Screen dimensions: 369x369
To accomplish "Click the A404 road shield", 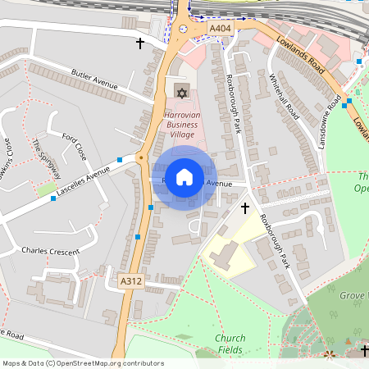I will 220,30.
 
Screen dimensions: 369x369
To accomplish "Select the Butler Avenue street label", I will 96,78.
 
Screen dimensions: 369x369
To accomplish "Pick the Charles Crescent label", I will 51,251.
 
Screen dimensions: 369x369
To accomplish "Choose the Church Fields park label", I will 230,344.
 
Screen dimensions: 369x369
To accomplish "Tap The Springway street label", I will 46,159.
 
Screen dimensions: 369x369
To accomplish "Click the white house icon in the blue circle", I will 184,177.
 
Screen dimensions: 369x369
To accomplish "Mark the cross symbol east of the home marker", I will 244,209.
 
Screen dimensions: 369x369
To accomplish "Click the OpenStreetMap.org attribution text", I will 82,362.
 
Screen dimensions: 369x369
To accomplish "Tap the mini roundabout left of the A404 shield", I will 183,29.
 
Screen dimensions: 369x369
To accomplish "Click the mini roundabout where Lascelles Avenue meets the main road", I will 140,157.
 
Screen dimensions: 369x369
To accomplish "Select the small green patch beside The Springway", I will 47,189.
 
